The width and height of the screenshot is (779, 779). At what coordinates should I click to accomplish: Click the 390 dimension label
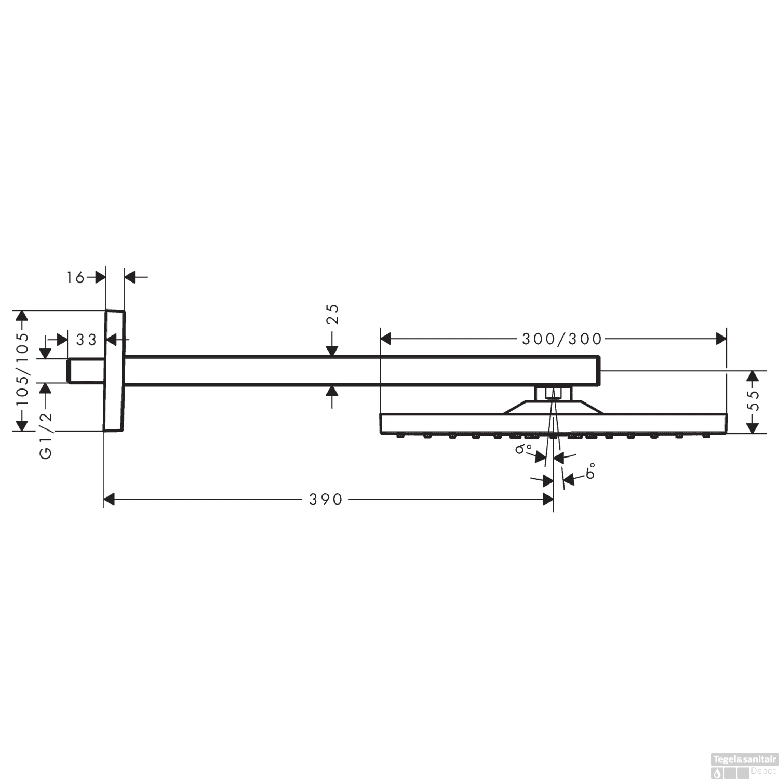coord(326,500)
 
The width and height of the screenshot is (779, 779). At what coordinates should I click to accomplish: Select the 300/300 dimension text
coord(561,339)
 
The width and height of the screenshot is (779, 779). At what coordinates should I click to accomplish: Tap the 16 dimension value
coord(75,278)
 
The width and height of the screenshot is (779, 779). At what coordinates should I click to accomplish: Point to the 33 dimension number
coord(86,340)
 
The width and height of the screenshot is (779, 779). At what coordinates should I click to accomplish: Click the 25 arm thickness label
coord(332,314)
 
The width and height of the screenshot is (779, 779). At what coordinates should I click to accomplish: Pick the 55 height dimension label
coord(755,400)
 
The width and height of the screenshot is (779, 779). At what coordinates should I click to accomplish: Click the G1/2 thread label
coord(46,435)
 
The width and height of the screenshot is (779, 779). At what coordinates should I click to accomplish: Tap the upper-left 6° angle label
coord(523,448)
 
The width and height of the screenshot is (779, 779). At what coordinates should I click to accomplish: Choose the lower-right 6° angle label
coord(590,472)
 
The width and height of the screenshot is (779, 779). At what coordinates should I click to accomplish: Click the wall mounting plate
coord(115,371)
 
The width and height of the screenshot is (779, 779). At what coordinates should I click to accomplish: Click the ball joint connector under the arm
coord(553,393)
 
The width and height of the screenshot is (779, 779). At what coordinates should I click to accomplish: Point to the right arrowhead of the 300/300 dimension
coord(721,339)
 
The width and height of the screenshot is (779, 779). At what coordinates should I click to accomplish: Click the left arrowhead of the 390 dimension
coord(109,500)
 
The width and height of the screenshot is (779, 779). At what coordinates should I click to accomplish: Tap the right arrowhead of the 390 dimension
coord(548,500)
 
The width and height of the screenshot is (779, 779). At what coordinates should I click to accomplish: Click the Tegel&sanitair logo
coord(744,765)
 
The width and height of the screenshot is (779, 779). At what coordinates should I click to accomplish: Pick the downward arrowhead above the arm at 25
coord(332,351)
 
